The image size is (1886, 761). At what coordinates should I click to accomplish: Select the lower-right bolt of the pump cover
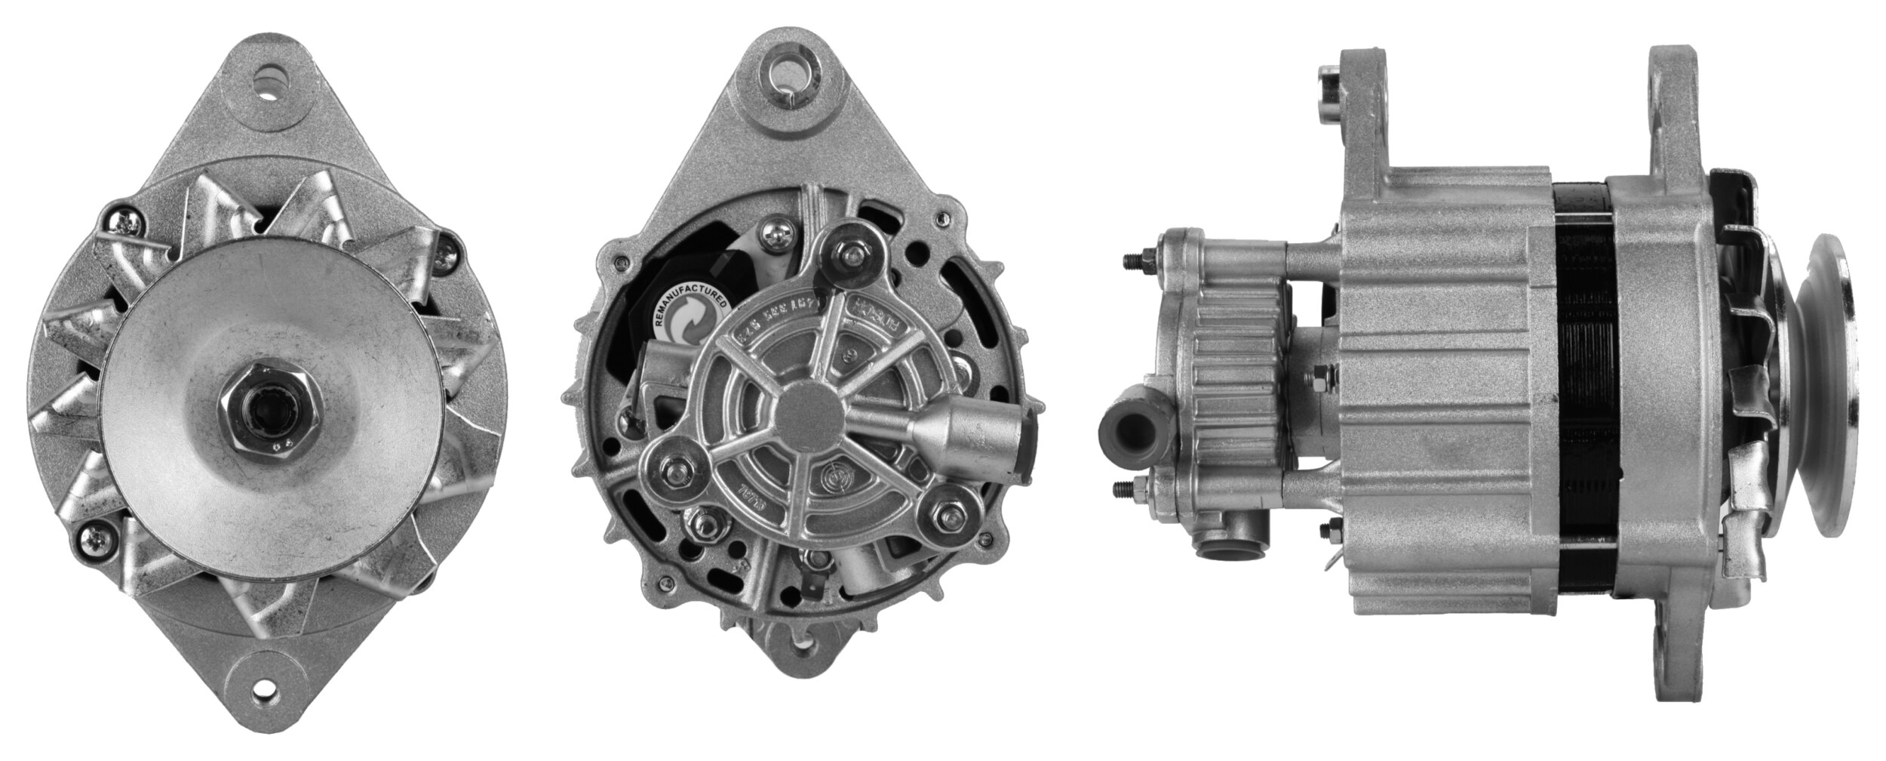[946, 515]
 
